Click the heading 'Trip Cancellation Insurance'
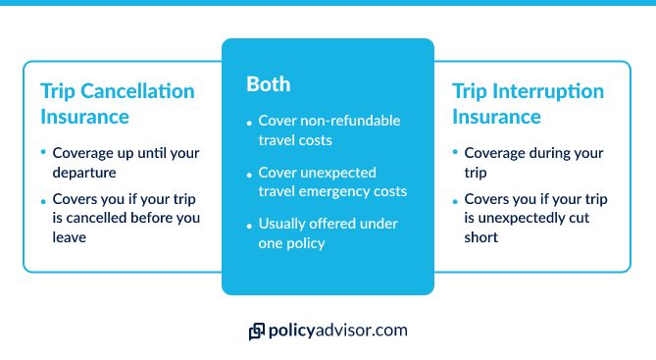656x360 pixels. click(x=117, y=103)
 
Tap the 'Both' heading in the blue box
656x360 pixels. click(x=268, y=84)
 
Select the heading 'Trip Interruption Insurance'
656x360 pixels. click(x=528, y=103)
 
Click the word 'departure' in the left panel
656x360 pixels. click(x=84, y=174)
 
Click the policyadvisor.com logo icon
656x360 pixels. click(x=258, y=332)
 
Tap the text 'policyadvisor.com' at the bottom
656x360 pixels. click(x=338, y=331)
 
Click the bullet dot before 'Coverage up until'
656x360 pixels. click(x=43, y=154)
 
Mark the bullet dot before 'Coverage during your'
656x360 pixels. click(x=454, y=154)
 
